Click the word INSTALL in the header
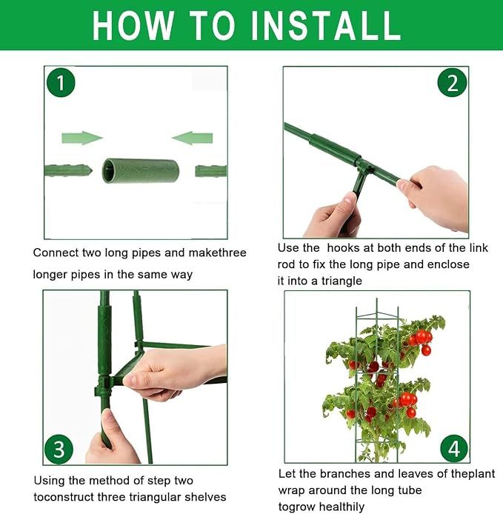click(x=326, y=25)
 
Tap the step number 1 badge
click(x=61, y=83)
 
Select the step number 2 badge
click(x=452, y=83)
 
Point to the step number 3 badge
click(x=59, y=449)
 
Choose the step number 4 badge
click(x=454, y=449)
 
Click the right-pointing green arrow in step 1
click(x=82, y=138)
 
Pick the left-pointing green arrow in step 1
click(x=193, y=138)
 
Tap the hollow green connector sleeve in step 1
click(x=141, y=171)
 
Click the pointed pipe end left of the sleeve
click(x=68, y=171)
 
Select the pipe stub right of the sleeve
click(x=211, y=171)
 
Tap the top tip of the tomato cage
click(x=377, y=299)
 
